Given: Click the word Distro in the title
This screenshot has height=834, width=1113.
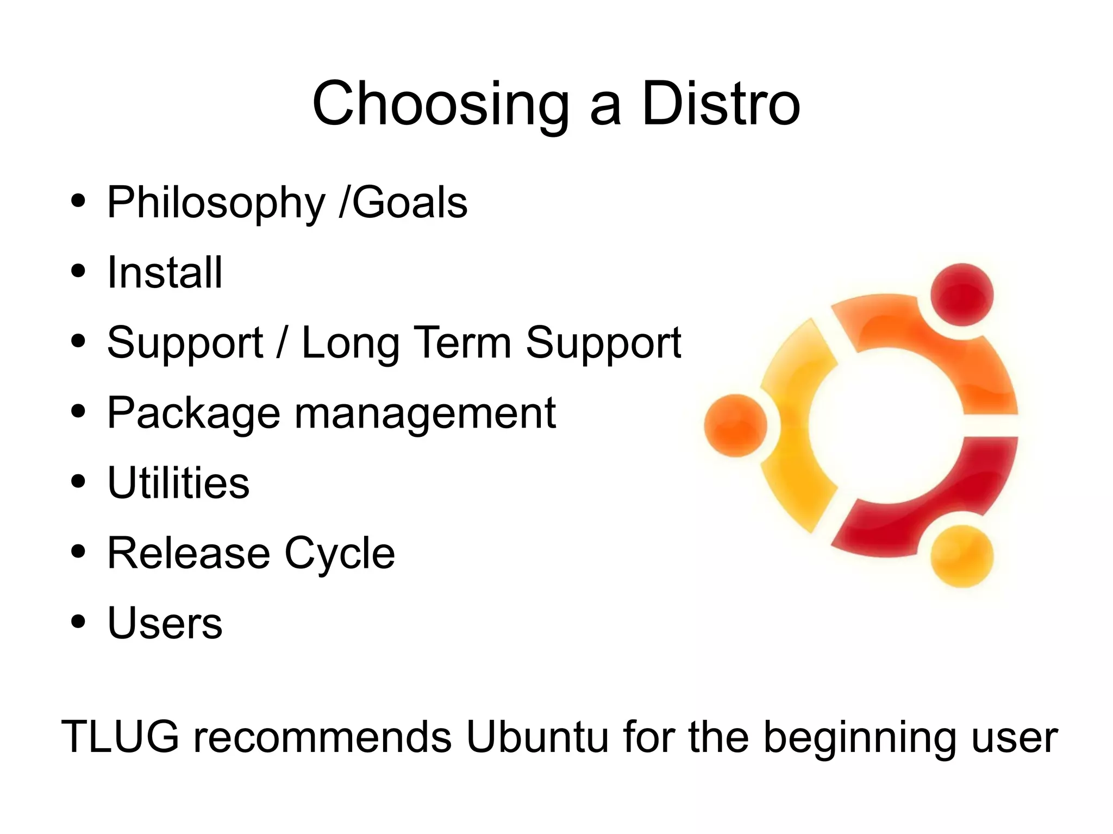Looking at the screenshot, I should coord(721,103).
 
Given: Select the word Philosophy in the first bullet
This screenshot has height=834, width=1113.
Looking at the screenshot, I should coord(216,203).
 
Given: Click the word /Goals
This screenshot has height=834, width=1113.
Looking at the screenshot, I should coord(403,202).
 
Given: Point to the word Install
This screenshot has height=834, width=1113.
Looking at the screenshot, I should coord(165,272).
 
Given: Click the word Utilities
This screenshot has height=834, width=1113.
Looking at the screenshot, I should coord(178,482).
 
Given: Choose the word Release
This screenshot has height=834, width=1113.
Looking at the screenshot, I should coord(189,553).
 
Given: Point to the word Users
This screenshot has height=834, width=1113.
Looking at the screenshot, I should coord(165,623).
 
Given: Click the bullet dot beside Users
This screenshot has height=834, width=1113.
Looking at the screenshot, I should coord(78,621).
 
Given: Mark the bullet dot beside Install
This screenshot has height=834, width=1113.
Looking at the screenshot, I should coord(78,271).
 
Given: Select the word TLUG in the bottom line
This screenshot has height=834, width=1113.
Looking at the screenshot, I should coord(120,736).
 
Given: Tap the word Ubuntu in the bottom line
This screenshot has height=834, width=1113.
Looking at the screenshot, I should coord(537,736).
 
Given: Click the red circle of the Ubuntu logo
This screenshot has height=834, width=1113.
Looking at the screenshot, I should coord(961,294).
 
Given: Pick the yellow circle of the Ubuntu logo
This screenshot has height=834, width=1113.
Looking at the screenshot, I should coord(961,556).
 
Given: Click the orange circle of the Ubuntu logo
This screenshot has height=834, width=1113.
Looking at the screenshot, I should coord(735,425).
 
